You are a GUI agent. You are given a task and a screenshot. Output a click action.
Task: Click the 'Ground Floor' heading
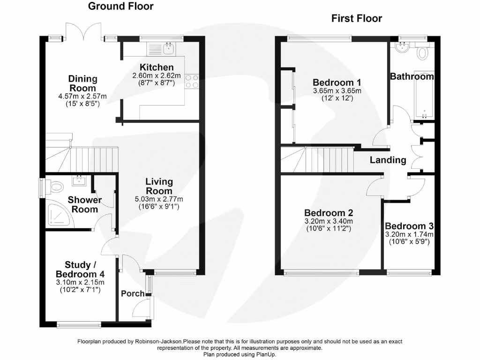point(120,6)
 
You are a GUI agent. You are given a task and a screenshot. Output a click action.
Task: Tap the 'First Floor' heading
point(356,18)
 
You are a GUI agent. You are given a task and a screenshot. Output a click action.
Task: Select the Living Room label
point(159,186)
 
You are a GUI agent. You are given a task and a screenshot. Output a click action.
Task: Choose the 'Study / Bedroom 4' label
point(80,270)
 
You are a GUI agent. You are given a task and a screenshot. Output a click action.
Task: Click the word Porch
point(133,294)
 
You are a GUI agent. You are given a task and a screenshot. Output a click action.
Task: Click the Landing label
point(388,160)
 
